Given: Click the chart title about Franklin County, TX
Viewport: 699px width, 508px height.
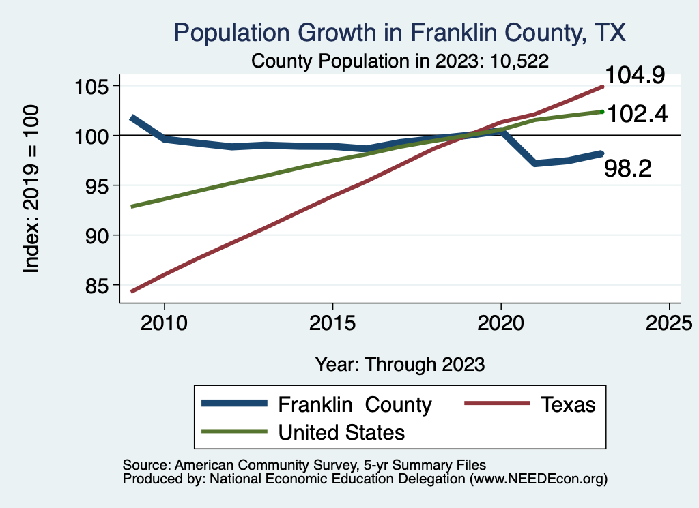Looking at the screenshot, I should point(400,33).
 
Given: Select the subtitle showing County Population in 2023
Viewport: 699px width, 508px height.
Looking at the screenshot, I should point(400,60).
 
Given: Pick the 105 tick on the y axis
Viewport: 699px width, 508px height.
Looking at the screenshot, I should point(91,87).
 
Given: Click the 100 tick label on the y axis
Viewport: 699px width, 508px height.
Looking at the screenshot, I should point(91,136).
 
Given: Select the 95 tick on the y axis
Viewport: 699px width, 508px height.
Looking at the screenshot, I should point(97,186).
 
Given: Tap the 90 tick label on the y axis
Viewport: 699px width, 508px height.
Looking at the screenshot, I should point(97,236).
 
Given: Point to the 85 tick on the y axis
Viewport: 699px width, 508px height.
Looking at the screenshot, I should point(97,286).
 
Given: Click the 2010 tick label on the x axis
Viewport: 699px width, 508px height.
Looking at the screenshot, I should point(164,322).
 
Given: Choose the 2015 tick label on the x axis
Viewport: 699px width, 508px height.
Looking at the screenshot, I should point(332,322).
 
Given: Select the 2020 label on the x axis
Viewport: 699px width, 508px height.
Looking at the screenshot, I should point(501,322).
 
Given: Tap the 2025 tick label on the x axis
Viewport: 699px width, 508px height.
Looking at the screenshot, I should point(669,322).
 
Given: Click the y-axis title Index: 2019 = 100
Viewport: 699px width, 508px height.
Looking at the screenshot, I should point(32,189).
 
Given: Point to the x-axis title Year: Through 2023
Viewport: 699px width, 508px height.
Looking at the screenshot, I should point(400,364).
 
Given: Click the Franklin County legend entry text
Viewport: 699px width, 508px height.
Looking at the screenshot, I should point(355,405).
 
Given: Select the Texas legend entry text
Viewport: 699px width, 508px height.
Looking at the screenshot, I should point(568,405).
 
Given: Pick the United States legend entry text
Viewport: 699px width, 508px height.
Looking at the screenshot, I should point(341,432).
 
